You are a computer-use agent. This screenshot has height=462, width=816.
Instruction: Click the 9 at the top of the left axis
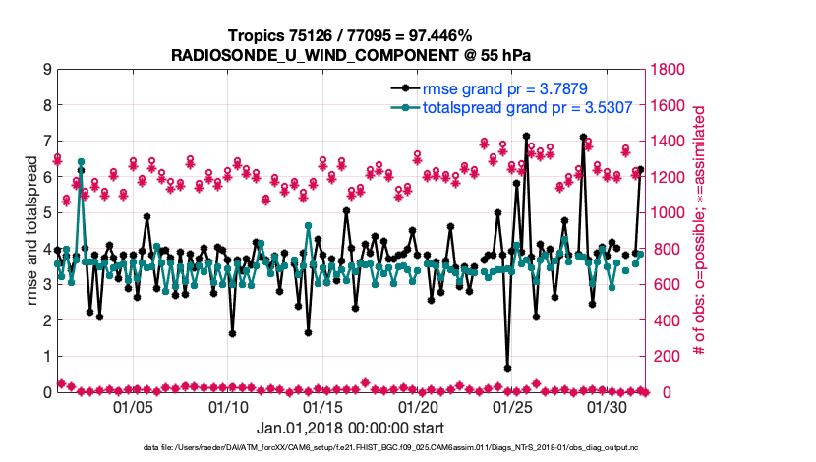pos(47,70)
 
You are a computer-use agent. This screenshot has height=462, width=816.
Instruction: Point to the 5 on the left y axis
pos(47,213)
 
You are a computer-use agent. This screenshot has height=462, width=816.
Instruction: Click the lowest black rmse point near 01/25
pos(507,368)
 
